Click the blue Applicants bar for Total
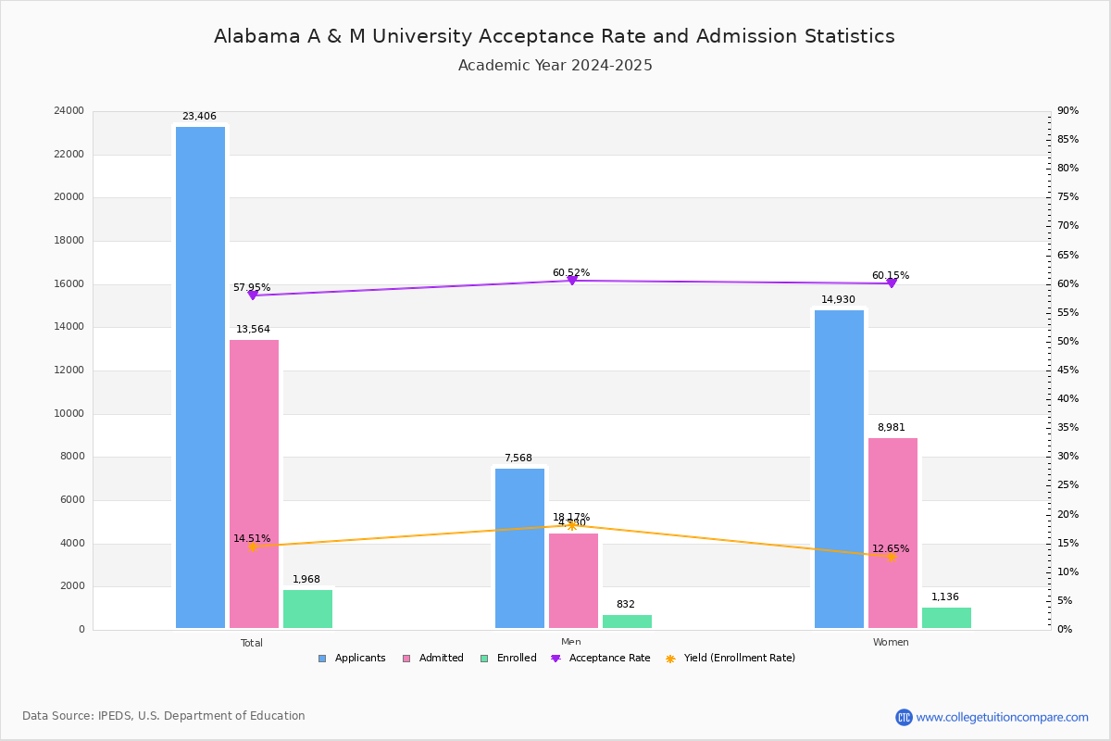coord(200,378)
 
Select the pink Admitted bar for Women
coord(893,533)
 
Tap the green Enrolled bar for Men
coord(627,622)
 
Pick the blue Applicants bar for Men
coord(519,548)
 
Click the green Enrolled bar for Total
coord(307,609)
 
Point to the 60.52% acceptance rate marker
coord(571,280)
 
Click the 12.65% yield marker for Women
coord(891,557)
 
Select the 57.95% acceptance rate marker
coord(252,295)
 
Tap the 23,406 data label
coord(199,117)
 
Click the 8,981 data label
coord(891,427)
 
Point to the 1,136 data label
coord(944,597)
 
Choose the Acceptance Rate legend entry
coord(601,659)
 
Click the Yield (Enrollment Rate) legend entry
coord(730,659)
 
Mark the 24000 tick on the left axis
coord(69,111)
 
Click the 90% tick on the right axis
coord(1067,111)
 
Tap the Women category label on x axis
coord(891,643)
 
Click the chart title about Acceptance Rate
coord(555,36)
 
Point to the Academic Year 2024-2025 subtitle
coord(555,66)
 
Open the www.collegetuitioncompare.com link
coord(1002,717)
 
